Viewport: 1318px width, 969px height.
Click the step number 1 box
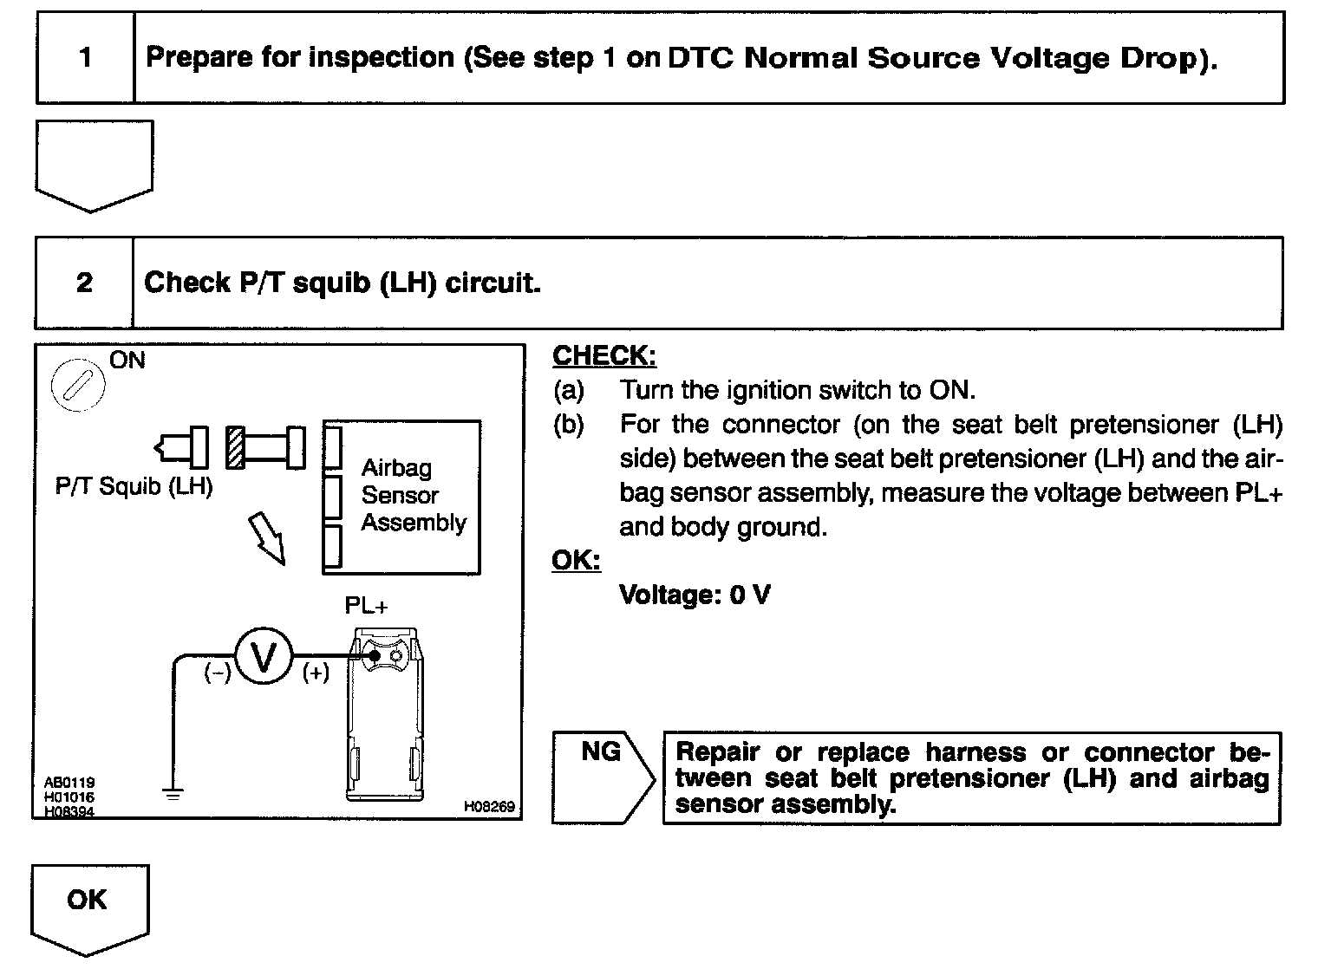tap(85, 58)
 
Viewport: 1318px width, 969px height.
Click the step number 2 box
tap(84, 283)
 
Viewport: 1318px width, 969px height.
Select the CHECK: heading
tap(604, 356)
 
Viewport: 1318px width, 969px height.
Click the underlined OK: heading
tap(576, 561)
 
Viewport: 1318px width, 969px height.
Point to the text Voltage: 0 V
tap(695, 595)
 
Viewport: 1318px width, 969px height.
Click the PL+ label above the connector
tap(366, 606)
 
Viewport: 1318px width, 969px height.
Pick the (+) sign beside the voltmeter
tap(316, 673)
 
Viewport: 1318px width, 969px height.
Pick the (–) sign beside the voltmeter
tap(217, 673)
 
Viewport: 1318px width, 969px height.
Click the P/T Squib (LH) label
tap(134, 486)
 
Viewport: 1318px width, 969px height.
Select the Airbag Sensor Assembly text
tap(413, 496)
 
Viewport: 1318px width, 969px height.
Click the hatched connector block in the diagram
tap(234, 447)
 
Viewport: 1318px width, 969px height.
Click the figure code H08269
tap(489, 807)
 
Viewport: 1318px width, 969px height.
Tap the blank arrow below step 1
tap(94, 165)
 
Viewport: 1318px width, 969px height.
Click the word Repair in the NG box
tap(719, 751)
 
